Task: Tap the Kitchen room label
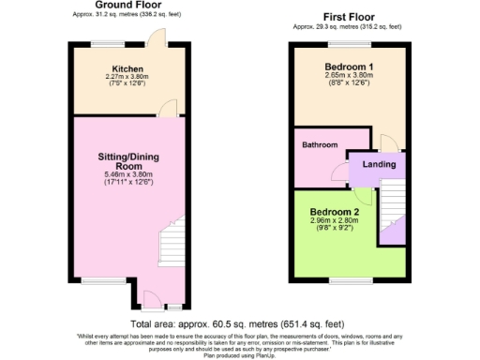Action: coord(127,69)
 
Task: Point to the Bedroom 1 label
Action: coord(349,67)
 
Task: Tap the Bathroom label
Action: coord(319,145)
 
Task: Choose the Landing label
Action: coord(379,165)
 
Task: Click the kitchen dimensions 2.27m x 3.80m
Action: coord(127,78)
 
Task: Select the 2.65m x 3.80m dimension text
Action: coord(349,77)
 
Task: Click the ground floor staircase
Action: coord(171,246)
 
